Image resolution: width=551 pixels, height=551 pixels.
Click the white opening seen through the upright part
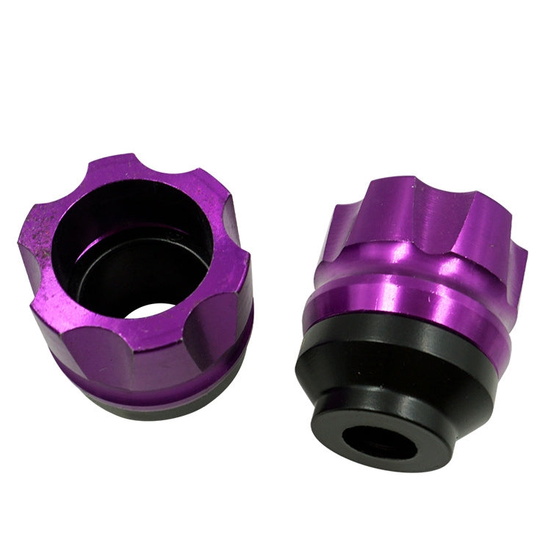pos(151,309)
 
